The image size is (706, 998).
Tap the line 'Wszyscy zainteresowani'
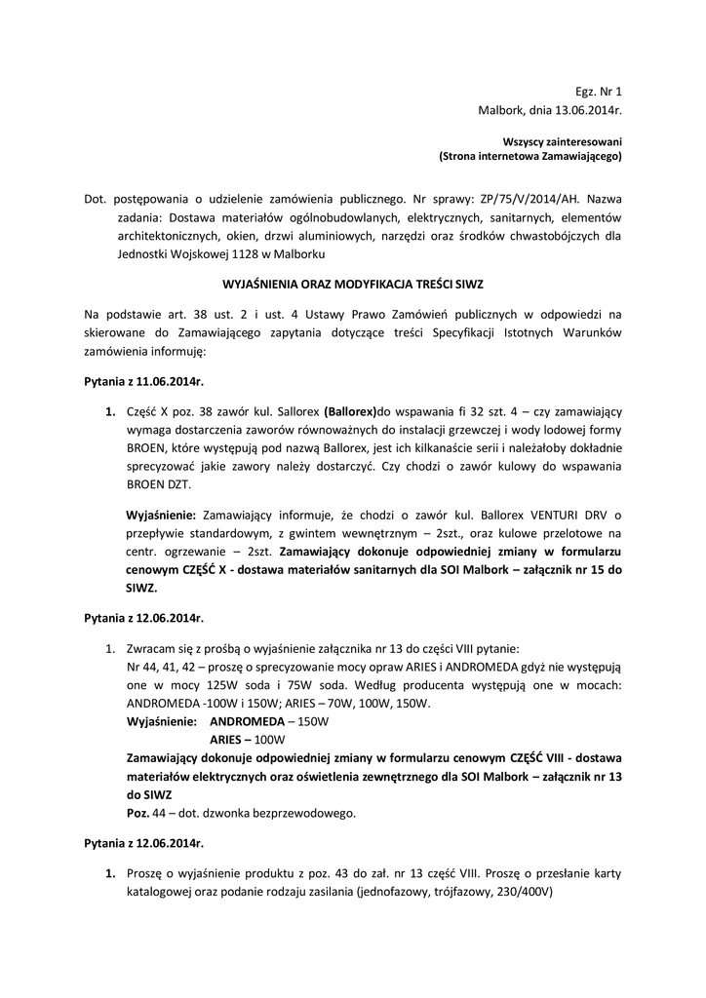click(562, 141)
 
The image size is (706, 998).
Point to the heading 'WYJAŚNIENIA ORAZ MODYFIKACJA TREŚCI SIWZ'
click(353, 284)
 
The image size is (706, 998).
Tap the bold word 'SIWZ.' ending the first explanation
click(142, 589)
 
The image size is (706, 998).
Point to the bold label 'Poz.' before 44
click(138, 813)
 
